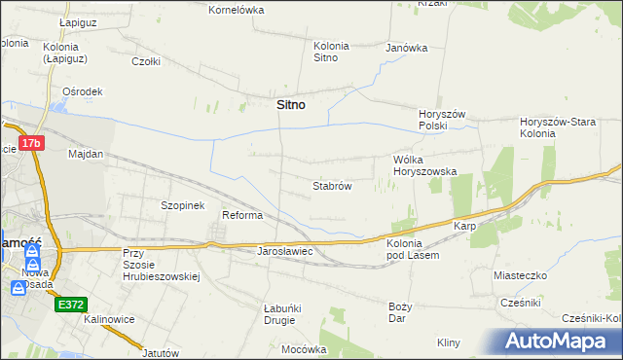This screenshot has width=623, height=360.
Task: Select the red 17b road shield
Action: coord(32,143)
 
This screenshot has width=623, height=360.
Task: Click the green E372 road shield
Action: coord(71,305)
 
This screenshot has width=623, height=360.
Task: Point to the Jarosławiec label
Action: coord(283,251)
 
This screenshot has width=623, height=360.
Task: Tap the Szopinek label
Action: coord(182,206)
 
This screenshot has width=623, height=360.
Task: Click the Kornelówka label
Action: coord(237,10)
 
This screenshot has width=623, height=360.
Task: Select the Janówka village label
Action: coord(407,47)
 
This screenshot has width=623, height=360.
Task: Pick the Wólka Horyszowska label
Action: coord(424,165)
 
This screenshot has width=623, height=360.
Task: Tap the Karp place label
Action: coord(463,226)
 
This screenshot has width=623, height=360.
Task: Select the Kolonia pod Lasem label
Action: coord(413,249)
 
